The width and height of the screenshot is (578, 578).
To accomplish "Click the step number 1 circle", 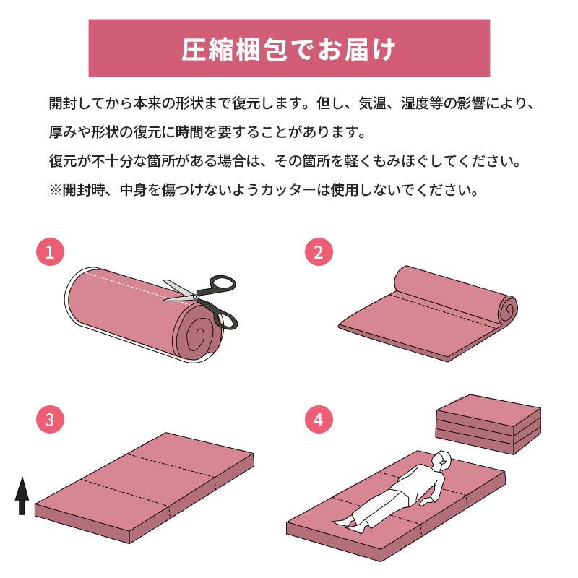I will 50,252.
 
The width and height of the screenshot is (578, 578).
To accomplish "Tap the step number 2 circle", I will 319,252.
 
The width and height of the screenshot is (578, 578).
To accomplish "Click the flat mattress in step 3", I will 144,484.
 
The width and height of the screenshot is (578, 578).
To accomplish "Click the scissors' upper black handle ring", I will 223,284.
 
